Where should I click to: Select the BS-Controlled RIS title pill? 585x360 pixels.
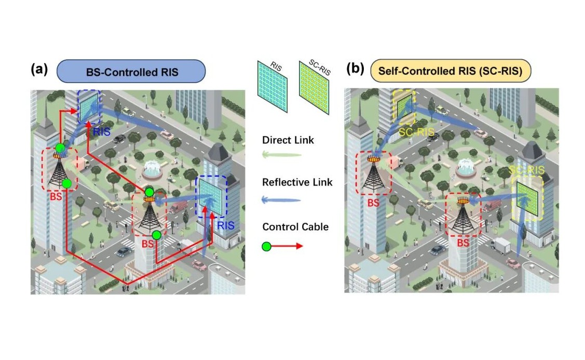coord(131,71)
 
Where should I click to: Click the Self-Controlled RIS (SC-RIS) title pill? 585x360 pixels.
coord(450,71)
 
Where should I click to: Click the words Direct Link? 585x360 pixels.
coord(288,140)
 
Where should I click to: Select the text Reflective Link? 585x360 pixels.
coord(297,182)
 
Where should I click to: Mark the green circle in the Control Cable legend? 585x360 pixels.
coord(267,246)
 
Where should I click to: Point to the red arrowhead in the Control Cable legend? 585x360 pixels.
coord(299,246)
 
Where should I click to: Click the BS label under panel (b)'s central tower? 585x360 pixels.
coord(463,243)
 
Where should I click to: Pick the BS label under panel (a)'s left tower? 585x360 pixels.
coord(57,197)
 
